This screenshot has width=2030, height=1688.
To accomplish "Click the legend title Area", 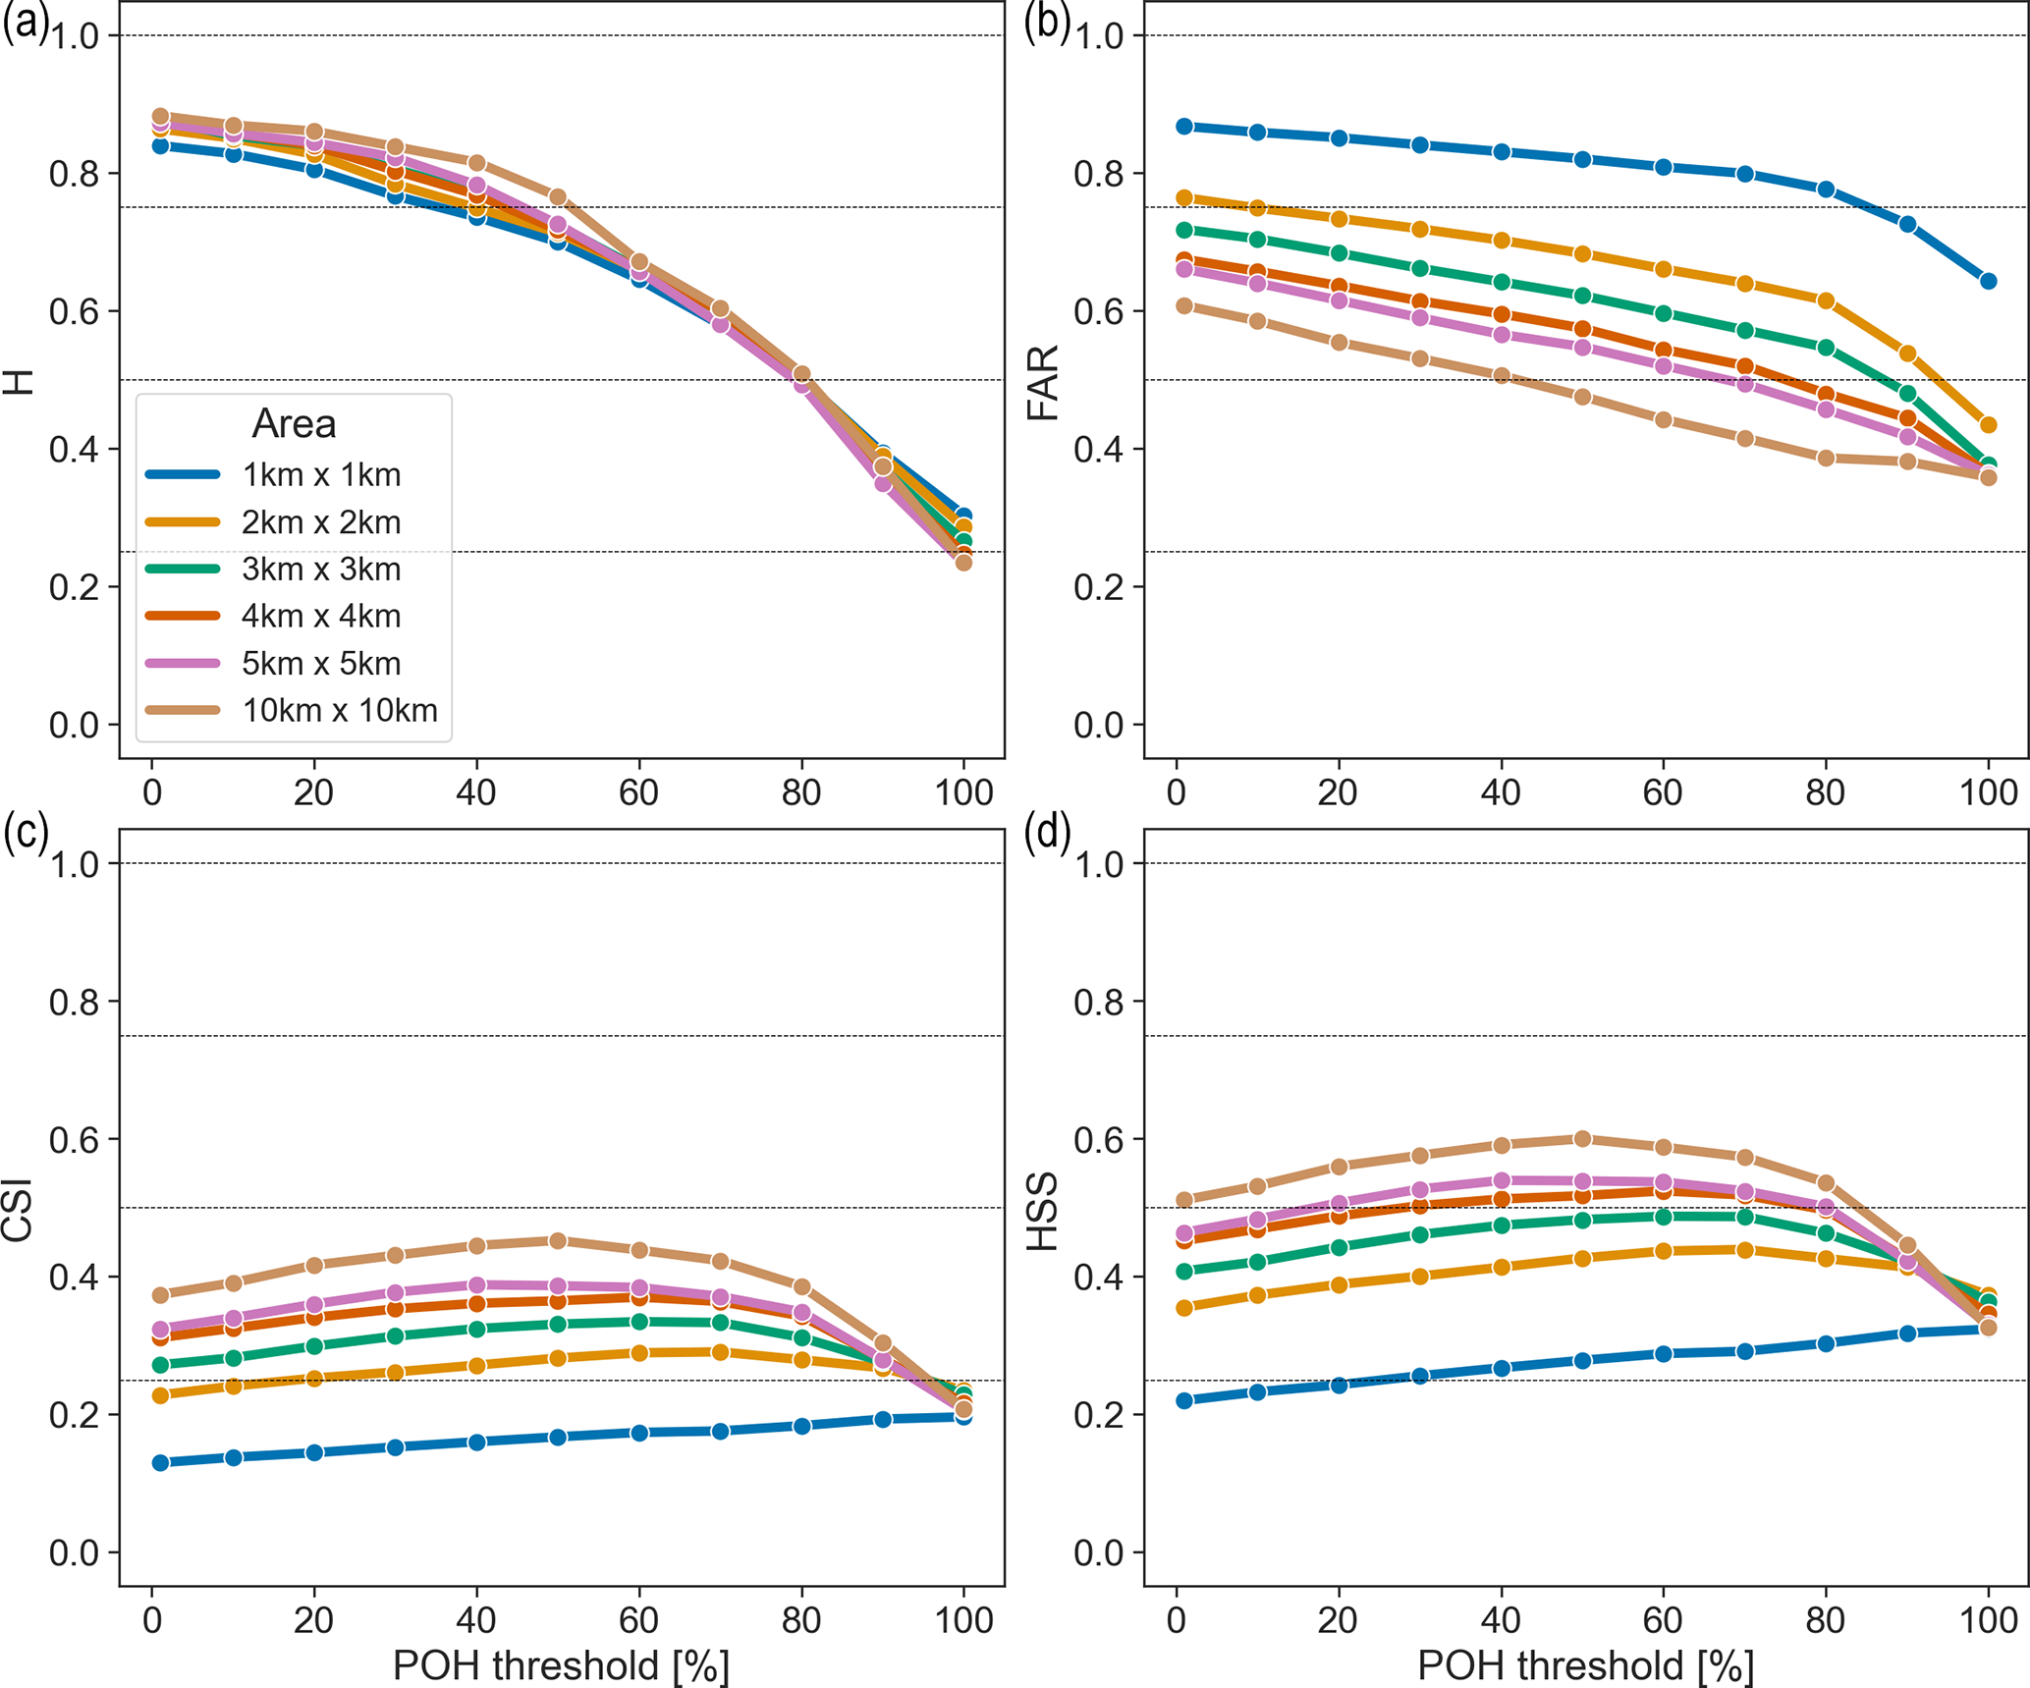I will click(294, 423).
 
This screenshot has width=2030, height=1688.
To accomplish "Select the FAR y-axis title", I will click(1042, 383).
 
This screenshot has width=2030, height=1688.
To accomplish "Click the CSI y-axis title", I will click(18, 1209).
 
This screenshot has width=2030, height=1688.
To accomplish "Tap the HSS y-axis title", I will click(1042, 1211).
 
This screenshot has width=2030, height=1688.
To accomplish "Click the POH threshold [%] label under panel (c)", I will click(561, 1665).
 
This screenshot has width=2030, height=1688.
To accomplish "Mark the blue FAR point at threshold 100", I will click(1989, 281).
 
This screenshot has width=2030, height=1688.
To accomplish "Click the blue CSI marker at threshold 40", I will click(477, 1442).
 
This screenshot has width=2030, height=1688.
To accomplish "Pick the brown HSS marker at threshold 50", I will click(1582, 1138).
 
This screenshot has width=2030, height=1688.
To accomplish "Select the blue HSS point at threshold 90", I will click(1907, 1334).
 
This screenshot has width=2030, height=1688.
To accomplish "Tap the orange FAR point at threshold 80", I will click(1826, 300).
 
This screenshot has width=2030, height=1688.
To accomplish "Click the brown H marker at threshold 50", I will click(558, 197).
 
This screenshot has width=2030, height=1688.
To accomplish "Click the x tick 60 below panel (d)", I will click(1663, 1619).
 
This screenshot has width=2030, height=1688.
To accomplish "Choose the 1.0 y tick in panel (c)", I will click(74, 864).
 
